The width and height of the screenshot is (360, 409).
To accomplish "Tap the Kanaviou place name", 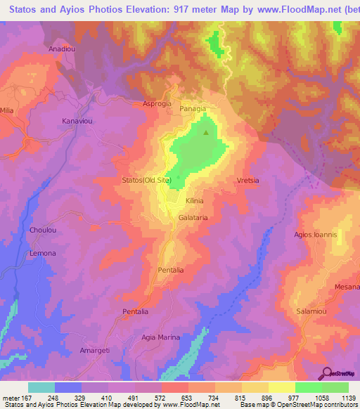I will [78, 122].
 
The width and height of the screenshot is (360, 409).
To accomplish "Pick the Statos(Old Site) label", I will [146, 180].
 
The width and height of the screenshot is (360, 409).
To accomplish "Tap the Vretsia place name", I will [248, 180].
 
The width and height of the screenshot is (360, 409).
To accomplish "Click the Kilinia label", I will [194, 200].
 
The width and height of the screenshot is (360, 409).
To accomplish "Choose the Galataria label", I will [191, 218].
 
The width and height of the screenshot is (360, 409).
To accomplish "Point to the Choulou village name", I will [44, 230].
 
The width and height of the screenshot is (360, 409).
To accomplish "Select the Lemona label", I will [43, 252].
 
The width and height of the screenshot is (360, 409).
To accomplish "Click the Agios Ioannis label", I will [316, 234].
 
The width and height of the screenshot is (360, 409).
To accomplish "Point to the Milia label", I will [7, 110].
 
